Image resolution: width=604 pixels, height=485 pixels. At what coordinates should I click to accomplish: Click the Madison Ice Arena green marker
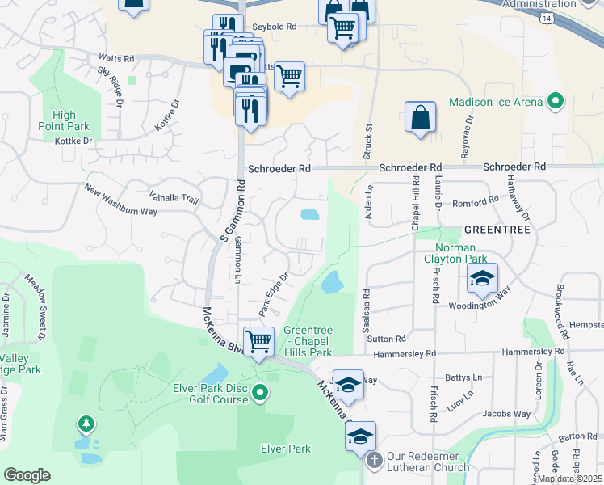tap(555, 103)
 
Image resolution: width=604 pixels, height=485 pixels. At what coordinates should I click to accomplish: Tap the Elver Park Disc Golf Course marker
tap(259, 394)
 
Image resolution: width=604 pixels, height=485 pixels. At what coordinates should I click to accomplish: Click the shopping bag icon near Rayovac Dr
tap(420, 117)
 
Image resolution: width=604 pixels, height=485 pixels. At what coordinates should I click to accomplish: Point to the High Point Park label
tap(64, 120)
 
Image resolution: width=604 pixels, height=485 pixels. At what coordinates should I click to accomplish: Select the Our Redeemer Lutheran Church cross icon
tap(374, 460)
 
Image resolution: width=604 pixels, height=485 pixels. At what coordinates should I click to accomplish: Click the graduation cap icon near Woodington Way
tap(481, 279)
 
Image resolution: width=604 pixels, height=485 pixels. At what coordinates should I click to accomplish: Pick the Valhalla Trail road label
tap(174, 196)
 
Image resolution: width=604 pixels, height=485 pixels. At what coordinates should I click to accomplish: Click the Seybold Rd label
tap(275, 27)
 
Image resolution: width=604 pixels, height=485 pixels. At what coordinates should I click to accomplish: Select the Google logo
tap(27, 475)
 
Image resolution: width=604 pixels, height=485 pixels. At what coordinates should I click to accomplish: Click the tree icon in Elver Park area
tap(86, 424)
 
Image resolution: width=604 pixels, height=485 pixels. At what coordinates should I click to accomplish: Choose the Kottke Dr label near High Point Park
tap(74, 141)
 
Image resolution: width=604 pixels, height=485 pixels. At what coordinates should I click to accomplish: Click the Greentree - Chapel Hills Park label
tap(308, 341)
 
